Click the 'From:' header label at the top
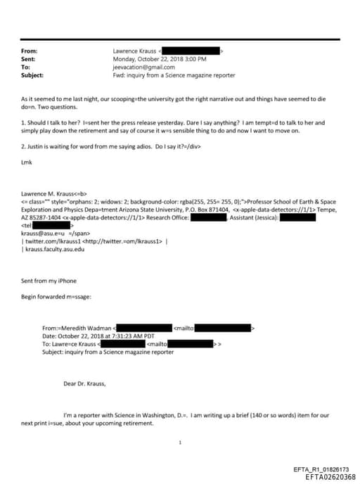coord(29,51)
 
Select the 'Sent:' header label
coord(28,59)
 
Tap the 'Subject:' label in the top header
coord(32,75)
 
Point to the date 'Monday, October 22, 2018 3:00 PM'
coord(156,59)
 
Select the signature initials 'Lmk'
coord(27,162)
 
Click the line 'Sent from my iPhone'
coord(49,281)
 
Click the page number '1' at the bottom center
coord(181,442)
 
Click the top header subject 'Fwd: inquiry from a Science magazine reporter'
coord(174,75)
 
